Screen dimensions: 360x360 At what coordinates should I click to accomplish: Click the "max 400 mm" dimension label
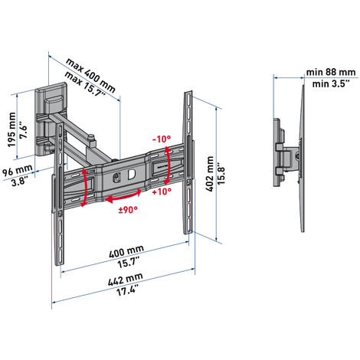[x=90, y=75]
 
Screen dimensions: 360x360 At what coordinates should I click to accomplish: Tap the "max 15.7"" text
[x=85, y=84]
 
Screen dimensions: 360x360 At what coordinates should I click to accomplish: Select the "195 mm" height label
[x=11, y=129]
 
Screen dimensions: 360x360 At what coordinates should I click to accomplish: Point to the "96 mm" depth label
[x=18, y=170]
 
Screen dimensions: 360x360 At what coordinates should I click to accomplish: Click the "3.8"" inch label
[x=18, y=182]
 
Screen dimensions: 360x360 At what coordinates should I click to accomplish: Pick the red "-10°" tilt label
[x=162, y=139]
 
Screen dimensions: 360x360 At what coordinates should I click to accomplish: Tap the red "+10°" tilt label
[x=162, y=191]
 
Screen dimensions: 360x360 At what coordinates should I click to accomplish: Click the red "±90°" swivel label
[x=128, y=210]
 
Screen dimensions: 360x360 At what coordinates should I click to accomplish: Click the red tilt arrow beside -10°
[x=169, y=165]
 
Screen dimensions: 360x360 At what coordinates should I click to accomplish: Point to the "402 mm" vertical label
[x=210, y=174]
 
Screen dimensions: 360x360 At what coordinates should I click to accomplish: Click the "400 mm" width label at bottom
[x=126, y=251]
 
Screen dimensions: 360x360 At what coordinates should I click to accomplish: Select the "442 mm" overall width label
[x=125, y=280]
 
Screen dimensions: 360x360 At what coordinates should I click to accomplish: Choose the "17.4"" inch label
[x=127, y=290]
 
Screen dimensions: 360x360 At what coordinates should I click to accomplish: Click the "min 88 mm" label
[x=331, y=72]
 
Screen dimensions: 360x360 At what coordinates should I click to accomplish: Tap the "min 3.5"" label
[x=331, y=83]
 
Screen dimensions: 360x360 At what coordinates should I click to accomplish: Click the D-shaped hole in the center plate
[x=131, y=175]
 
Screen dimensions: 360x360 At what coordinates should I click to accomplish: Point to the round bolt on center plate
[x=116, y=177]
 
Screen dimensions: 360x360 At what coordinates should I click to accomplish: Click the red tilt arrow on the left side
[x=85, y=188]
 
